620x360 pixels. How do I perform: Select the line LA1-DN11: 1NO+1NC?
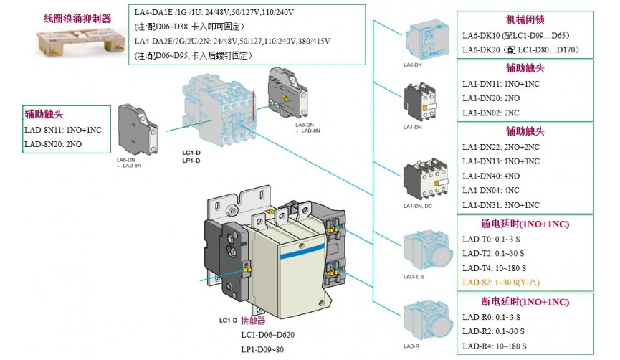tap(502, 83)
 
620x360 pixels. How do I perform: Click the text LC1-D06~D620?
tap(267, 335)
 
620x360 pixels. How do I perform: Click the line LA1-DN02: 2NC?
tap(491, 113)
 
